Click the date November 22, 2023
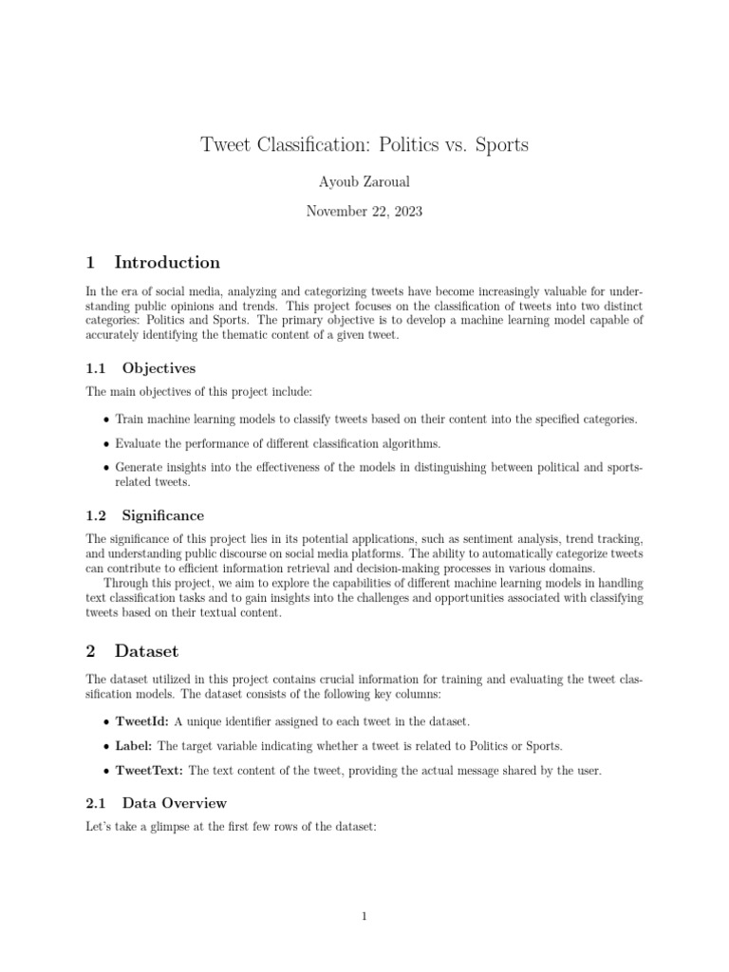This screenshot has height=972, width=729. tap(364, 212)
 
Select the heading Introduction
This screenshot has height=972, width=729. tap(167, 263)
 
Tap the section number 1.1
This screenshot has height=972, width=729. tap(98, 368)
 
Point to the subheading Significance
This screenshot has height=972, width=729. tap(162, 515)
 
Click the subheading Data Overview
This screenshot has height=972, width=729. tap(174, 803)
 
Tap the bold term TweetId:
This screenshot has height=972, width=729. tap(142, 722)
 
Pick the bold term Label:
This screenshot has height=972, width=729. tap(135, 746)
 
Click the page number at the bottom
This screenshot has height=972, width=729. tap(364, 916)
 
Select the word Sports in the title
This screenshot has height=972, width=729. tap(500, 145)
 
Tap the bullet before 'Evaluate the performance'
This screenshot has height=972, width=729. tap(104, 443)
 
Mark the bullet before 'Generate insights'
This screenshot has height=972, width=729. tap(104, 468)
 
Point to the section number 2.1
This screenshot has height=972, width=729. tap(98, 803)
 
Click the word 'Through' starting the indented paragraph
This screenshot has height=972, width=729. tap(126, 582)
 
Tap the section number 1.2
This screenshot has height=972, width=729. tap(98, 515)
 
